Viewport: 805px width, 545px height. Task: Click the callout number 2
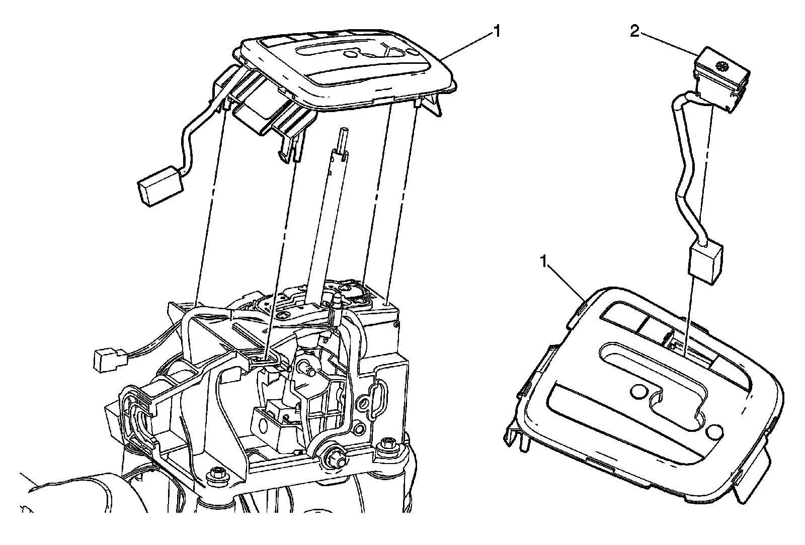634,32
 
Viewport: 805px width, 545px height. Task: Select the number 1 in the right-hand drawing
543,262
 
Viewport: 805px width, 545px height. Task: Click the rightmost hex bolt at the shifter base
387,443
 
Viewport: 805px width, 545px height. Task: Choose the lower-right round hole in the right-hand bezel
714,431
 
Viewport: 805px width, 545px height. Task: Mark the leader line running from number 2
667,43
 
